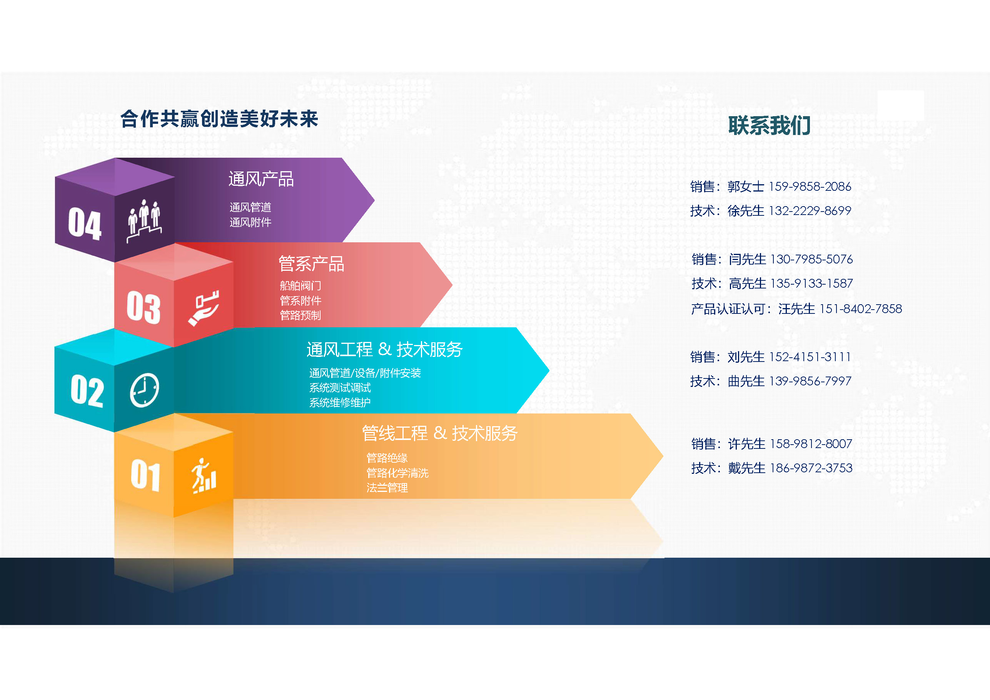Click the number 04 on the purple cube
tap(85, 224)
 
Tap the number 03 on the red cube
tap(143, 307)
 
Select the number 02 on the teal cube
tap(87, 390)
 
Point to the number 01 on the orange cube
tap(145, 475)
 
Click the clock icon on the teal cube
tap(144, 390)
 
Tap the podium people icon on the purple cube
tap(144, 220)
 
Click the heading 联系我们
tap(769, 125)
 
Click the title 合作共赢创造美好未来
tap(219, 119)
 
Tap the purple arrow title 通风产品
tap(261, 179)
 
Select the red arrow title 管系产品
tap(311, 264)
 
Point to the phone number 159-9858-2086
tap(810, 187)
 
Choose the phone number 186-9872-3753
tap(811, 468)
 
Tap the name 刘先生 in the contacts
tap(746, 357)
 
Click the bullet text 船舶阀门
tap(300, 286)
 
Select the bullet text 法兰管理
tap(387, 488)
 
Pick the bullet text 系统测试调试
tap(340, 388)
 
